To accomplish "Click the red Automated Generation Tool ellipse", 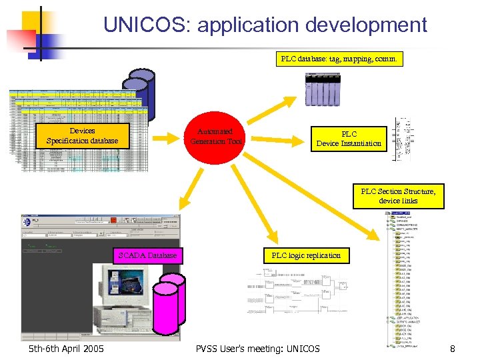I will click(216, 137).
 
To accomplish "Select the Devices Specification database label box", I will click(82, 136).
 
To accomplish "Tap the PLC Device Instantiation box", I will click(349, 139).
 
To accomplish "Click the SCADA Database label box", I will click(147, 255).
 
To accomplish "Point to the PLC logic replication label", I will click(306, 255).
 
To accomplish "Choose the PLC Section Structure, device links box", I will click(398, 196).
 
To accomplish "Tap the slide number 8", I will click(452, 348).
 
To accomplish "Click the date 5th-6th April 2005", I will click(67, 348).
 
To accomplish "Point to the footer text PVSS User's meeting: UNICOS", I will click(257, 348).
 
